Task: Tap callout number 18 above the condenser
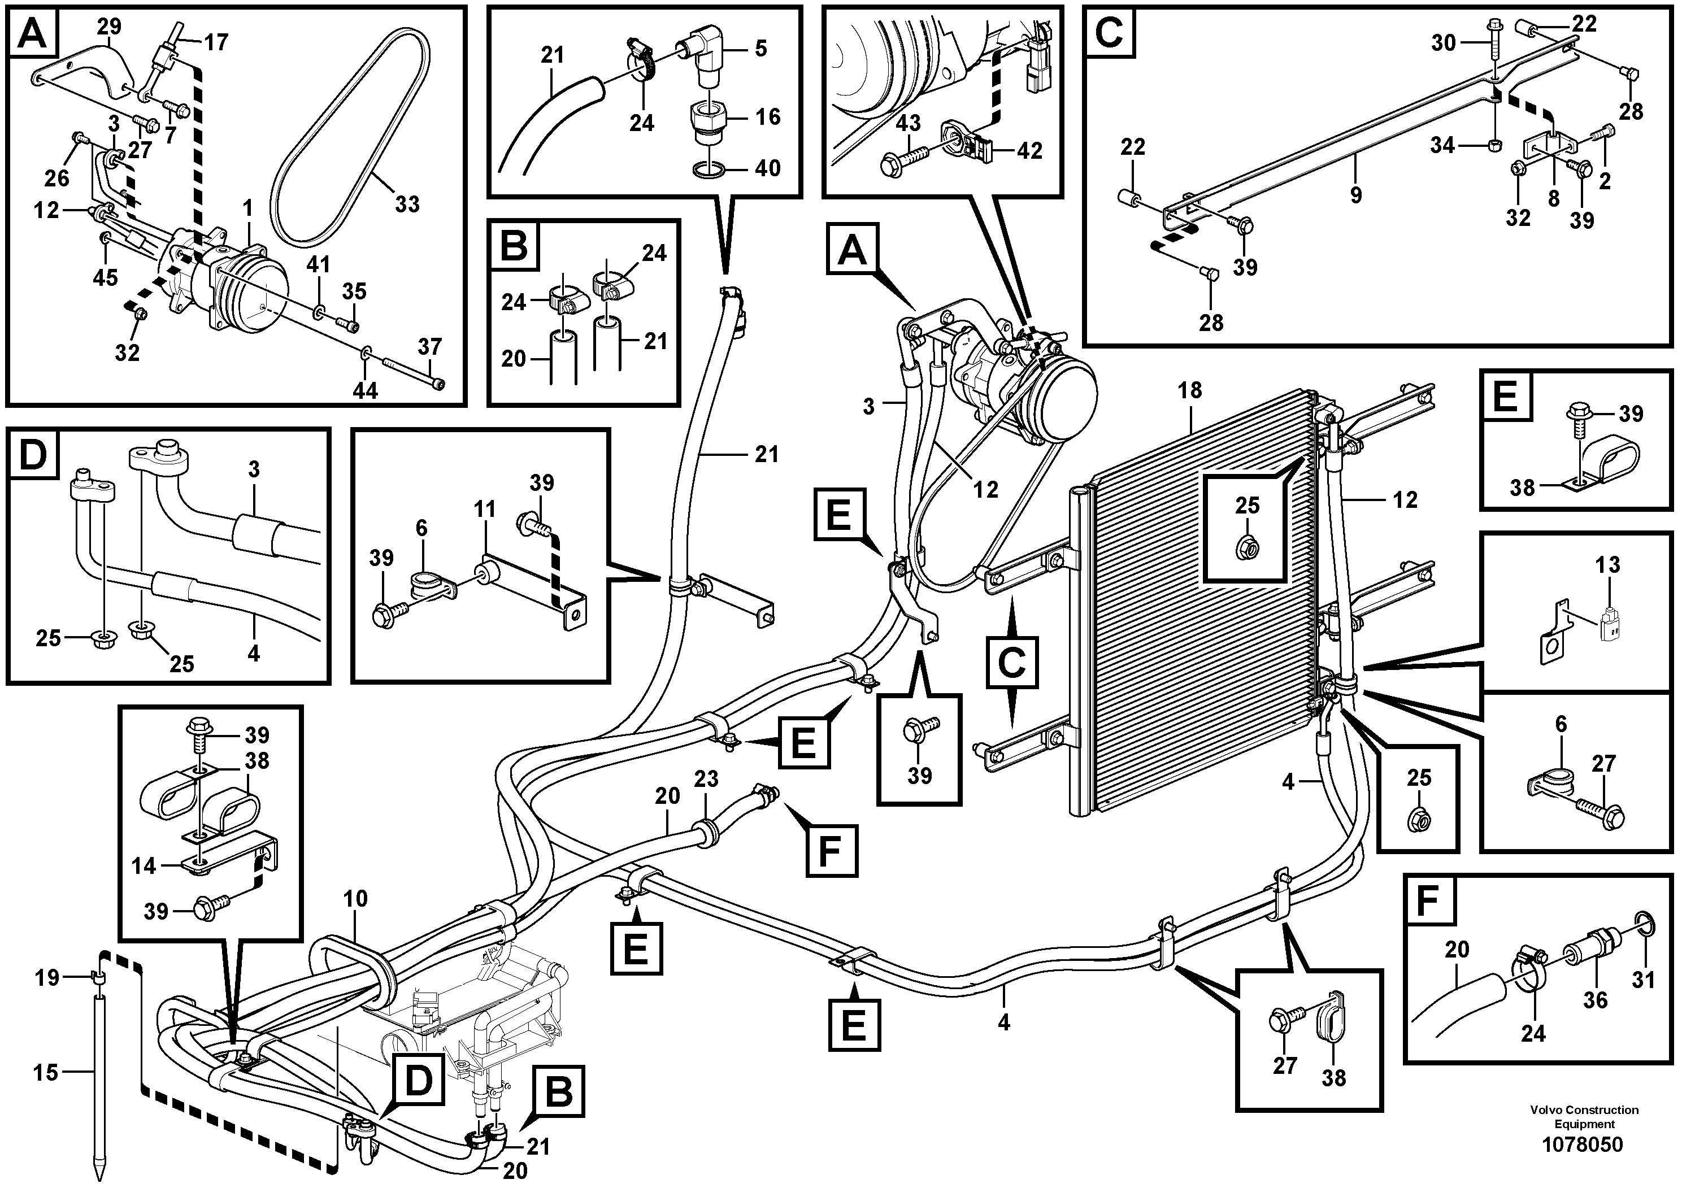pyautogui.click(x=1190, y=390)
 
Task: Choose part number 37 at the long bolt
pyautogui.click(x=430, y=346)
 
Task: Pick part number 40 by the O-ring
pyautogui.click(x=768, y=168)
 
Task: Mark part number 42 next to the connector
pyautogui.click(x=1029, y=150)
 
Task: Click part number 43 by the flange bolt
pyautogui.click(x=909, y=123)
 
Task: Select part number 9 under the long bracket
pyautogui.click(x=1356, y=195)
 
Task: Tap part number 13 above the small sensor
pyautogui.click(x=1608, y=565)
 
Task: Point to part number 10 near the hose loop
pyautogui.click(x=355, y=899)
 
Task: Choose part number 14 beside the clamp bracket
pyautogui.click(x=144, y=867)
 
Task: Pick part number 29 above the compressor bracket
pyautogui.click(x=109, y=27)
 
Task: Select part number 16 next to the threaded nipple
pyautogui.click(x=768, y=116)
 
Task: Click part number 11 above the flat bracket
pyautogui.click(x=485, y=508)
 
